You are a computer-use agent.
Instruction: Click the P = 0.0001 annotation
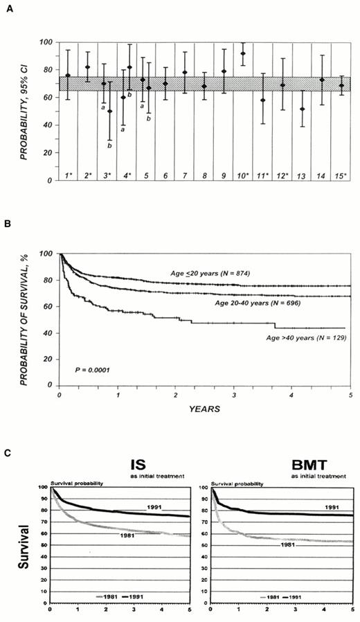pyautogui.click(x=93, y=371)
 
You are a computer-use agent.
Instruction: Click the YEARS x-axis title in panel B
pyautogui.click(x=205, y=409)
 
